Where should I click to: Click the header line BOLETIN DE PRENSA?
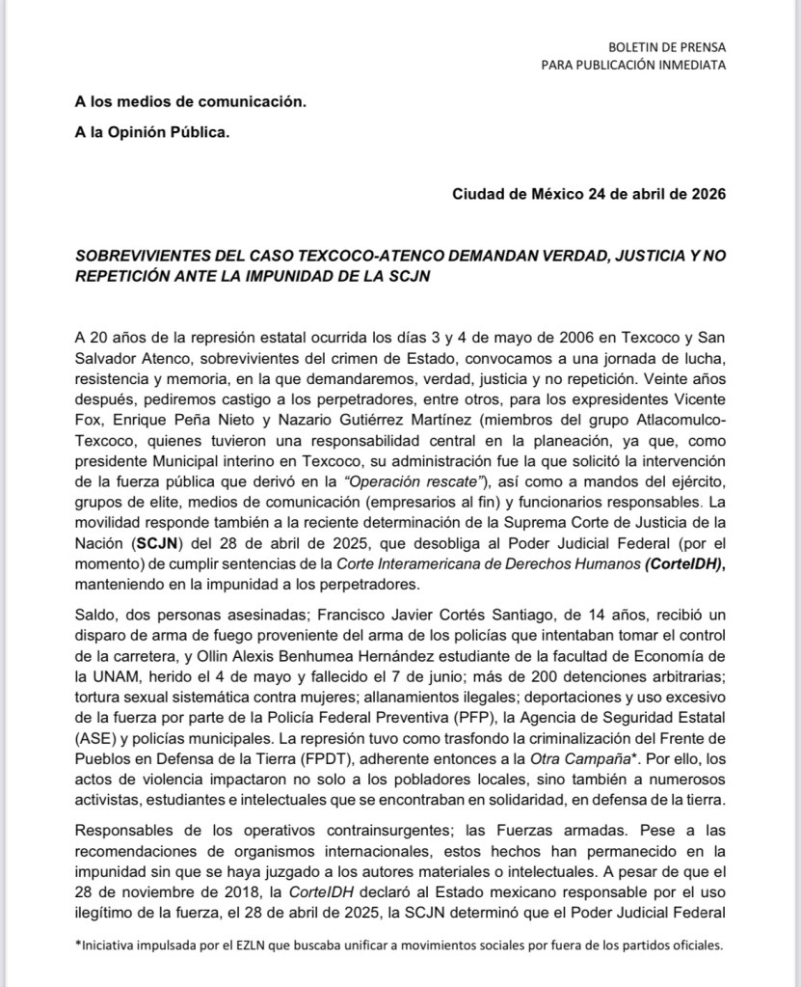[667, 46]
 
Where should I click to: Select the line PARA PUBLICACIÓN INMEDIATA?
[634, 65]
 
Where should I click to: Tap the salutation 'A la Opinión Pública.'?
[152, 132]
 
